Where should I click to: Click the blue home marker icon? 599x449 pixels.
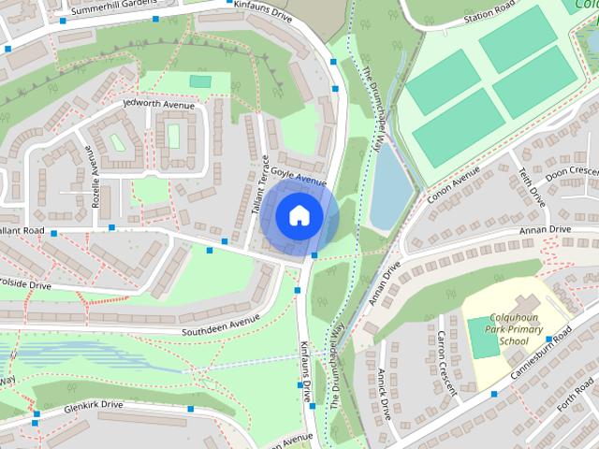coord(299,215)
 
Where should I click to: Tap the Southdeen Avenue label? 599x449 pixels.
coord(220,323)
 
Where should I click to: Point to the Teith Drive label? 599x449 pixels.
coord(533,188)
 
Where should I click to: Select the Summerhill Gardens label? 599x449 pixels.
coord(125,6)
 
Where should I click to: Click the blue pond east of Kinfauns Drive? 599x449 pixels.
coord(389,187)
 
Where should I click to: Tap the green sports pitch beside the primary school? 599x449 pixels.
coord(484,338)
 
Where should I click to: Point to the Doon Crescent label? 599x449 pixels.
coord(572,174)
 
